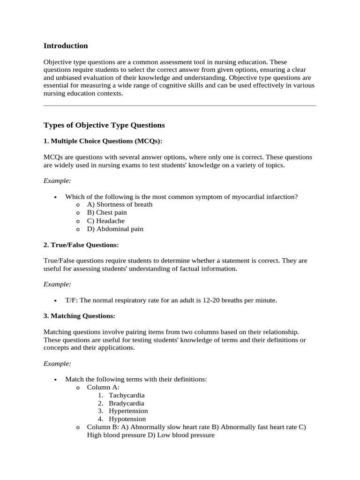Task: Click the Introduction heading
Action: point(66,46)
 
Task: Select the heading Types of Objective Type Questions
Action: point(104,125)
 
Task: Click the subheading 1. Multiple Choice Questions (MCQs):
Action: point(103,141)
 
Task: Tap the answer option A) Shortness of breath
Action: point(120,204)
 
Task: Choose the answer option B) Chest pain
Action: point(107,212)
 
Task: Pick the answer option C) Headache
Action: point(106,221)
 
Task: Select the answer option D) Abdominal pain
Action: point(115,229)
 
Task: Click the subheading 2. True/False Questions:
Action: point(81,245)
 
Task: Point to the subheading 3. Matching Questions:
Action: point(79,316)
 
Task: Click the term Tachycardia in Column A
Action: point(127,395)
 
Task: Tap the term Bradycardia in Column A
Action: point(127,403)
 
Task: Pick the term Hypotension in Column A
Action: point(127,419)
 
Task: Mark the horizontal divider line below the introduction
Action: point(180,106)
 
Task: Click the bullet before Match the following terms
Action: point(55,380)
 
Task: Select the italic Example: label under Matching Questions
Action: point(57,363)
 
